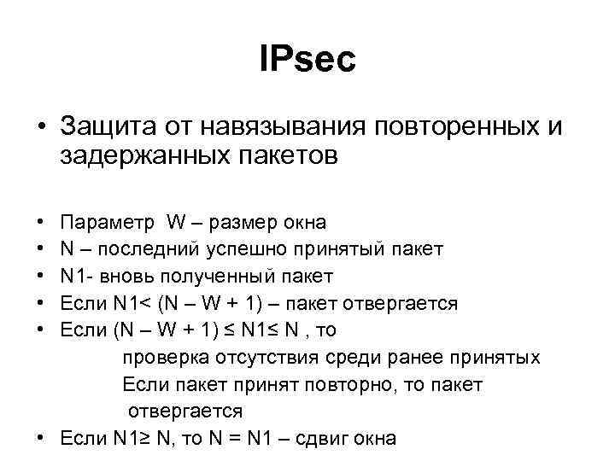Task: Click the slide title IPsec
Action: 307,60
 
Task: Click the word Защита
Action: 100,127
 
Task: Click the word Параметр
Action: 103,223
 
